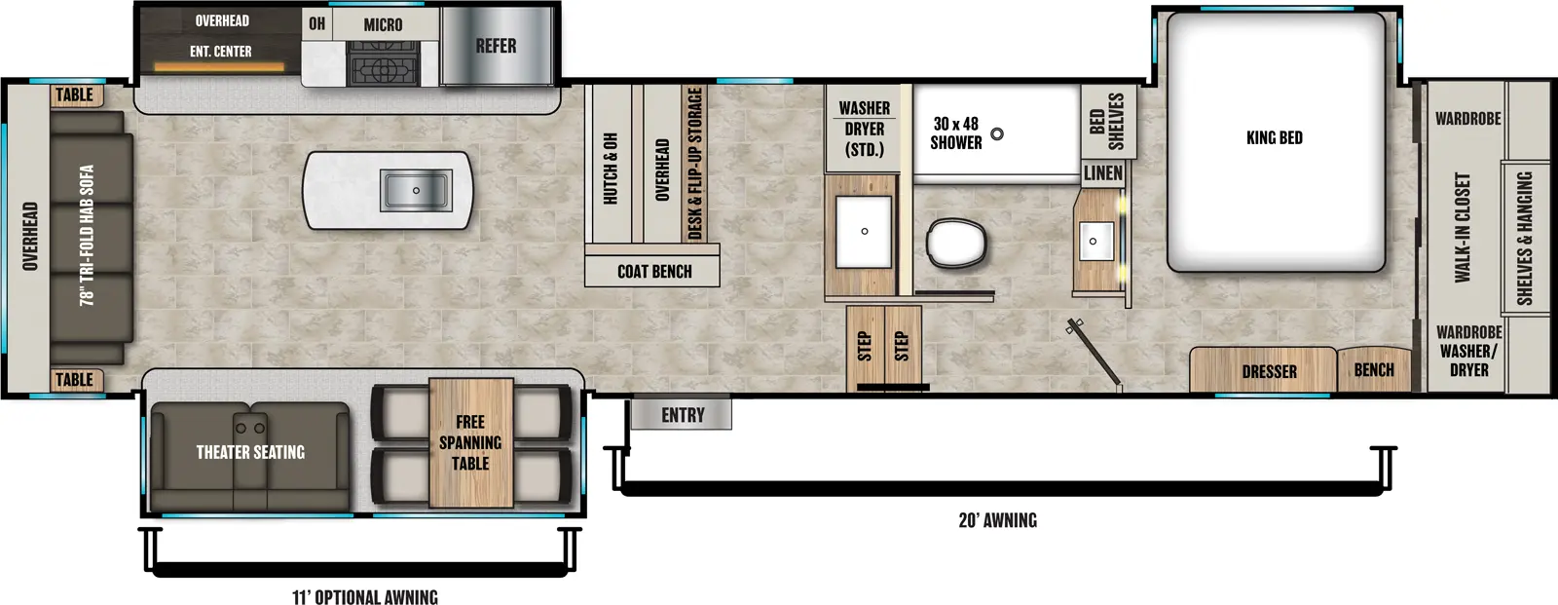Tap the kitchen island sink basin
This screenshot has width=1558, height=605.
(416, 190)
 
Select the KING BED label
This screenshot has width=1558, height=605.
(1274, 137)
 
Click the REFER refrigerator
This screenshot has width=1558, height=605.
(496, 46)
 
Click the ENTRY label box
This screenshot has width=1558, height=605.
(682, 415)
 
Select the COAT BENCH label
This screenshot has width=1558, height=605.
(653, 272)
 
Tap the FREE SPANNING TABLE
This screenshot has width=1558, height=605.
(470, 442)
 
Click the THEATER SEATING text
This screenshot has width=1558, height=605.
(250, 452)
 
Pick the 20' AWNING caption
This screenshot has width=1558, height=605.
(997, 520)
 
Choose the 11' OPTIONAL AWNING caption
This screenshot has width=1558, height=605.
(365, 596)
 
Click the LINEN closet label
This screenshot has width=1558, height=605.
(1103, 173)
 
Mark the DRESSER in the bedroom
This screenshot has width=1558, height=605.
(1268, 371)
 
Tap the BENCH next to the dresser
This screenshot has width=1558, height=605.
(1373, 370)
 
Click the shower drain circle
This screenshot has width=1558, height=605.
(997, 134)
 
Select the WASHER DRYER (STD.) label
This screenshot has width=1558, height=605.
(864, 129)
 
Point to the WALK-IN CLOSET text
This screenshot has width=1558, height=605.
(1462, 228)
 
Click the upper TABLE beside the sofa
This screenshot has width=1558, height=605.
(75, 95)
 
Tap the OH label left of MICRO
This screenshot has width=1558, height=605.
(317, 23)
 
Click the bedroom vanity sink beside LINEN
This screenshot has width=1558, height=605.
(1094, 241)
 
